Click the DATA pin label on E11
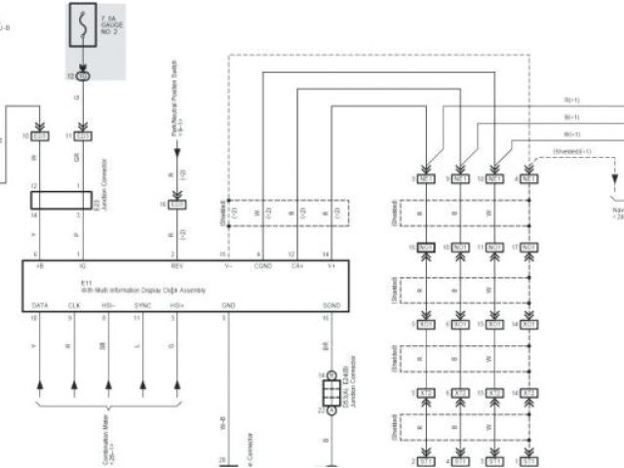click(x=40, y=305)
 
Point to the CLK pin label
click(x=75, y=305)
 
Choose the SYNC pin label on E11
click(x=143, y=305)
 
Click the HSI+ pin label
click(x=177, y=305)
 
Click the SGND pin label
click(x=331, y=305)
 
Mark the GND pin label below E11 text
click(x=228, y=305)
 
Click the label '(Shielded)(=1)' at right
click(x=573, y=151)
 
